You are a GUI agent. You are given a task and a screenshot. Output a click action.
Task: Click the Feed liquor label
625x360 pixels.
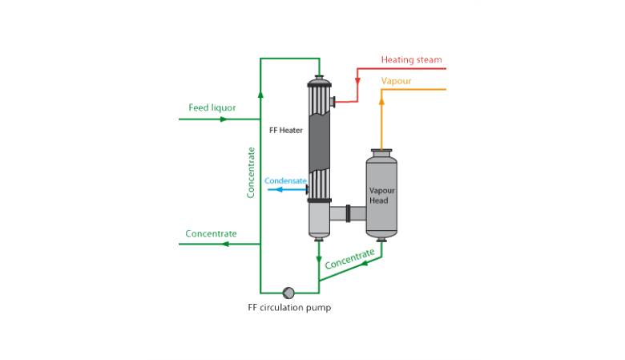[x=212, y=107]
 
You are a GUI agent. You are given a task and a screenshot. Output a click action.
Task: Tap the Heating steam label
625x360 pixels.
[x=411, y=60]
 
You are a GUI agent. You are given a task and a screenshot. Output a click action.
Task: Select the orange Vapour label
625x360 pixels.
[x=396, y=81]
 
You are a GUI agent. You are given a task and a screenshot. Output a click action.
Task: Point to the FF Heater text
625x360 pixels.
[x=285, y=131]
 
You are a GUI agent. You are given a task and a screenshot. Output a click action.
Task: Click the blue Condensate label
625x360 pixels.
[x=285, y=181]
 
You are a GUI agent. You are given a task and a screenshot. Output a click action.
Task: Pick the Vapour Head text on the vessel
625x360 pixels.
[x=380, y=196]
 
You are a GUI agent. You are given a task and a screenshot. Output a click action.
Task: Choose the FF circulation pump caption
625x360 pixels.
[x=288, y=308]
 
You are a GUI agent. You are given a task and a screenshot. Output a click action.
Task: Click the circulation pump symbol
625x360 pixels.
[x=288, y=293]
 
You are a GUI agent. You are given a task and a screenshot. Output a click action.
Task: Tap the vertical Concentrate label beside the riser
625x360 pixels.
[x=252, y=172]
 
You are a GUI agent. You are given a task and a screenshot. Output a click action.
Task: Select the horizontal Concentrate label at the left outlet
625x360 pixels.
[x=211, y=234]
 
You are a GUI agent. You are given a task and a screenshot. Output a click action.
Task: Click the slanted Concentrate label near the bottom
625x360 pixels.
[x=349, y=259]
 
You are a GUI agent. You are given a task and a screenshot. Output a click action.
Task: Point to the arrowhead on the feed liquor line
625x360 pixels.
[x=224, y=119]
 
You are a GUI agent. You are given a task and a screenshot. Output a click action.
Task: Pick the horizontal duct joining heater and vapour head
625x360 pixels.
[x=348, y=214]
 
